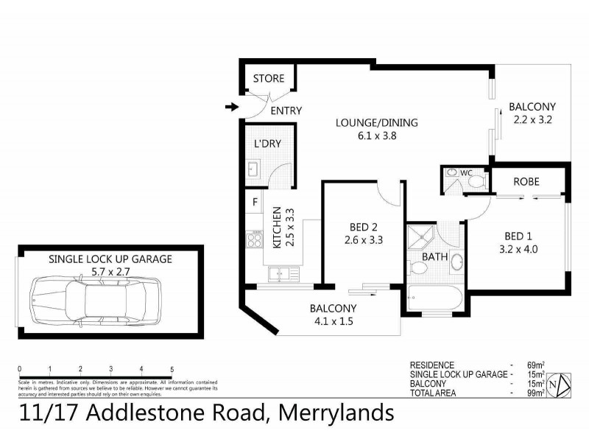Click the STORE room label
[x=269, y=79]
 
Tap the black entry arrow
[x=231, y=108]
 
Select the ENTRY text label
[x=286, y=111]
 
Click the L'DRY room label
[x=268, y=144]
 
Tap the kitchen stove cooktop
[x=255, y=239]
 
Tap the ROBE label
[x=526, y=181]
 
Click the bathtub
[x=434, y=299]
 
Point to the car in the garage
[x=96, y=301]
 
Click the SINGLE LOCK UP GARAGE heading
[x=110, y=259]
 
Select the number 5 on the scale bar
[x=172, y=369]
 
